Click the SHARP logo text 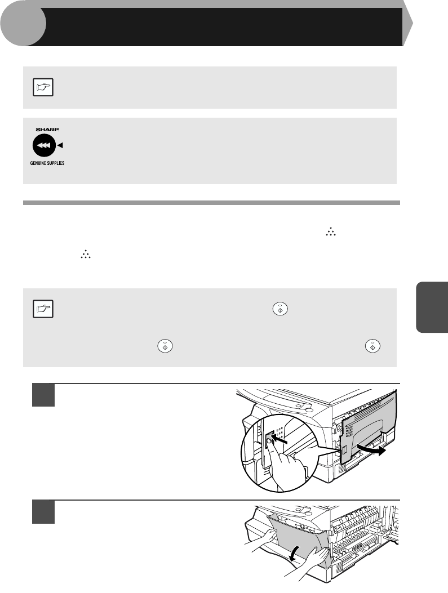[x=47, y=130]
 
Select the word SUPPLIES [x=56, y=163]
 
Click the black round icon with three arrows [x=45, y=145]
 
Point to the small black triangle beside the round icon [x=60, y=145]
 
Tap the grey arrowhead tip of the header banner [x=412, y=24]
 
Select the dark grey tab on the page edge [x=432, y=307]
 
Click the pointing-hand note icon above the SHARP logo [x=43, y=87]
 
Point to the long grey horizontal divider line [x=211, y=203]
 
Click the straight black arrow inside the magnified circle [x=281, y=440]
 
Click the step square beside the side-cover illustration [x=43, y=395]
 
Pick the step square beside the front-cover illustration [x=43, y=512]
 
